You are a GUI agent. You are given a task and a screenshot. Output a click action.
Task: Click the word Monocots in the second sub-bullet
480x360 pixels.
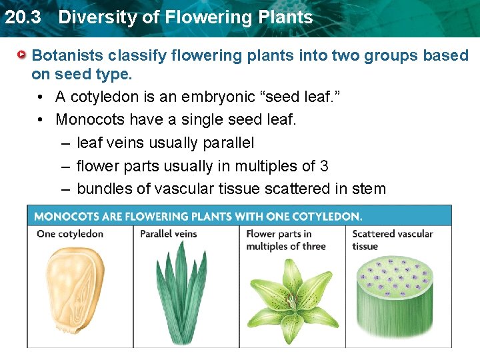[x=89, y=119]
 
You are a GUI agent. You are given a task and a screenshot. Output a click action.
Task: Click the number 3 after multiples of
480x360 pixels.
[x=324, y=165]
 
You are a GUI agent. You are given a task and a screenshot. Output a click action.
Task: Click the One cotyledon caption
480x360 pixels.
[x=70, y=234]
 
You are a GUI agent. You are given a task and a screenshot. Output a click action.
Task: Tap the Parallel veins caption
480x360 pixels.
[x=169, y=234]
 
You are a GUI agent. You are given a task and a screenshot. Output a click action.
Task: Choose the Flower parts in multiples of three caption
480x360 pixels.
[x=285, y=240]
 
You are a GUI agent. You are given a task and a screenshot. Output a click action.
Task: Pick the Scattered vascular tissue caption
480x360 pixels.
[x=392, y=240]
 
